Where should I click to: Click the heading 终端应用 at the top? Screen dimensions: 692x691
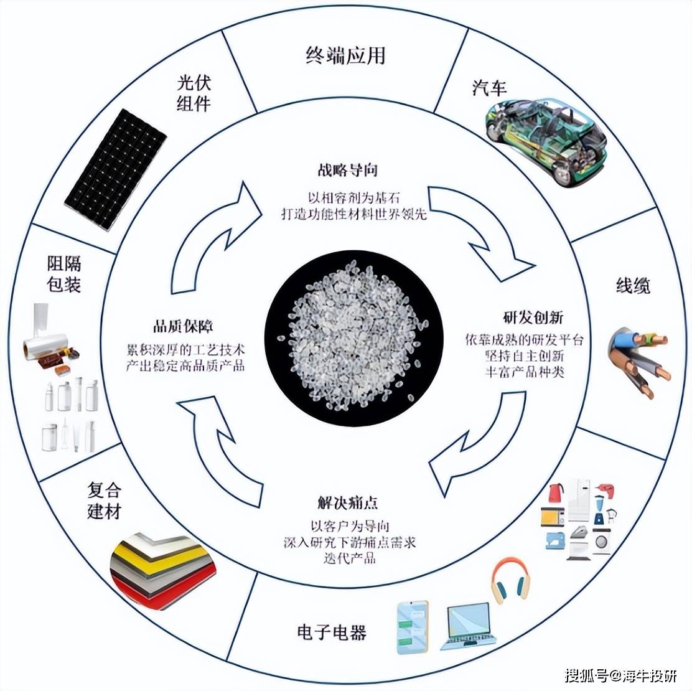(345, 55)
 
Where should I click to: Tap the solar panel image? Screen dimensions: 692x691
(116, 170)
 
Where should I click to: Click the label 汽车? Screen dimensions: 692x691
(489, 87)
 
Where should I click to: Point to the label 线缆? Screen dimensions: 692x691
(633, 286)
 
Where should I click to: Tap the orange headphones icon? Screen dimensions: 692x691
(510, 580)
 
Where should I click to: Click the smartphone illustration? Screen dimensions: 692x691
(413, 627)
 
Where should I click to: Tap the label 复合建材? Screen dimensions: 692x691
(104, 501)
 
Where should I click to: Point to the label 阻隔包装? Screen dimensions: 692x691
(64, 274)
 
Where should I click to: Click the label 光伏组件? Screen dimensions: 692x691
(194, 93)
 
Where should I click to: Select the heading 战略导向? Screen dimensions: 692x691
(347, 170)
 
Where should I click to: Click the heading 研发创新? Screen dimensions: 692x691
(533, 317)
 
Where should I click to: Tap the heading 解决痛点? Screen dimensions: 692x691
(348, 503)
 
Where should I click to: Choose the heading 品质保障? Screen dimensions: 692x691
(183, 327)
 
